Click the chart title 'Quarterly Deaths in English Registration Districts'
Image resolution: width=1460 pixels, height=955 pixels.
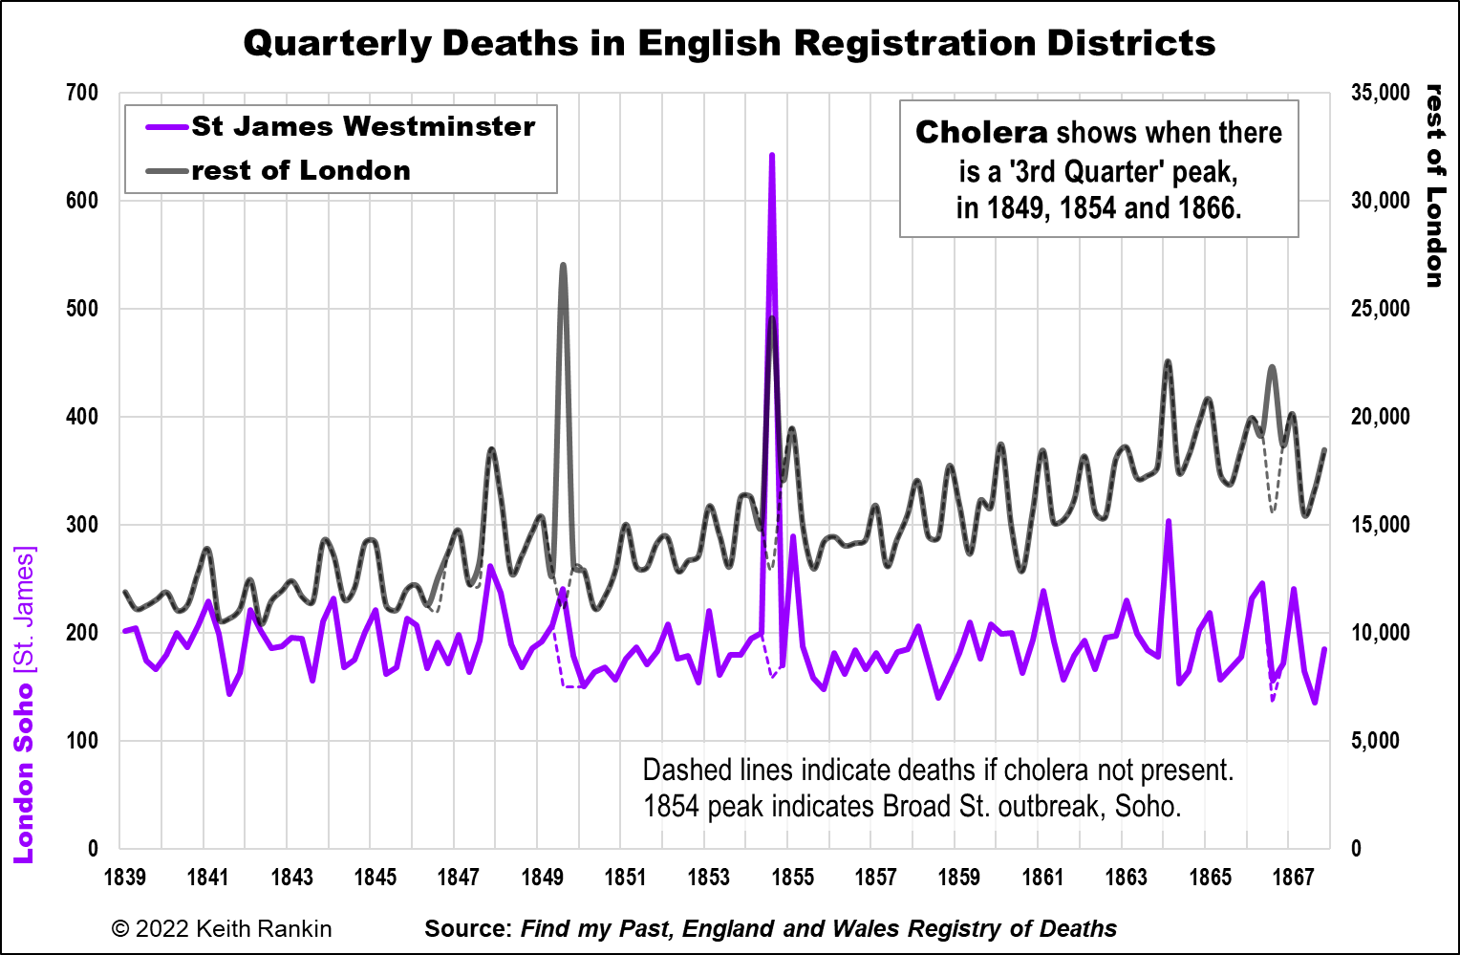pos(729,43)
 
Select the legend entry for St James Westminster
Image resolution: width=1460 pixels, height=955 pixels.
pos(363,126)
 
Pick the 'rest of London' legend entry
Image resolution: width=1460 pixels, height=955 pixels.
pos(300,170)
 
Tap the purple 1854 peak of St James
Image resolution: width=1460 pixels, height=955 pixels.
pos(771,156)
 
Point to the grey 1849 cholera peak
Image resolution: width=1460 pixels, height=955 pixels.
pos(563,266)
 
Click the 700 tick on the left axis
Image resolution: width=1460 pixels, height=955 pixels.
pos(82,93)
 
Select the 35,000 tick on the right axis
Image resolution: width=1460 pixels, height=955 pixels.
pos(1380,93)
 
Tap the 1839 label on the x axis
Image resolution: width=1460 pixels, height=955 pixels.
pos(124,878)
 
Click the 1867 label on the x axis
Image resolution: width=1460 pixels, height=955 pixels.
pos(1293,878)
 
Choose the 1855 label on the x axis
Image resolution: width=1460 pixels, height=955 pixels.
pos(792,878)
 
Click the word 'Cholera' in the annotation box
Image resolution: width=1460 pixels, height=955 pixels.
pos(981,132)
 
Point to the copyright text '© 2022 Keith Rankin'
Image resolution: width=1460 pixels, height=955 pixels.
pos(222,928)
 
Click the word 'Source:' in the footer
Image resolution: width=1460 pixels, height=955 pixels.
pos(468,928)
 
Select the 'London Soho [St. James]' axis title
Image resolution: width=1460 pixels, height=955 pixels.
pos(24,705)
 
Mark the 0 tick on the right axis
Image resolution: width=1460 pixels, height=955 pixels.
pos(1357,848)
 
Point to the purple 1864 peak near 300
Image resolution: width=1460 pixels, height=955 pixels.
pos(1168,522)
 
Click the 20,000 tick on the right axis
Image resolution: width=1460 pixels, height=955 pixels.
pos(1380,417)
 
